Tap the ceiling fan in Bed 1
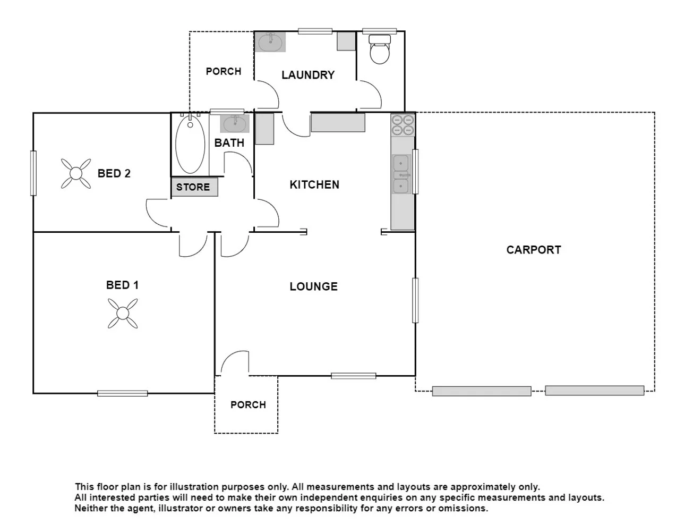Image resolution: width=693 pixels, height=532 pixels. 123,313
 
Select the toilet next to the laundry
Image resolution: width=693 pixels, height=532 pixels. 379,49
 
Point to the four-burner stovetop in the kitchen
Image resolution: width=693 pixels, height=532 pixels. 403,125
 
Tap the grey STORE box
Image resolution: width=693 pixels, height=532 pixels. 194,187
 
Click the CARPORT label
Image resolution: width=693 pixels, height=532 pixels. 533,250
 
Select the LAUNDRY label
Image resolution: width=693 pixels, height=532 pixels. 308,75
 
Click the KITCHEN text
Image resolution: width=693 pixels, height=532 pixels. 314,184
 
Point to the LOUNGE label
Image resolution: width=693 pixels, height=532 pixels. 313,286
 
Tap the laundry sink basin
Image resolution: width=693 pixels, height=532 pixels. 270,42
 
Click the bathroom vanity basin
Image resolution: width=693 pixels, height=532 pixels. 234,124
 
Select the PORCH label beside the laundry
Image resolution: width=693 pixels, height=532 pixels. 224,71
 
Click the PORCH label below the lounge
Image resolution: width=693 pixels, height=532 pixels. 248,405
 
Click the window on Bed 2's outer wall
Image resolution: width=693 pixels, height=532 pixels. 33,173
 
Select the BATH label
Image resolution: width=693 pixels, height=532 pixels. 229,142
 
